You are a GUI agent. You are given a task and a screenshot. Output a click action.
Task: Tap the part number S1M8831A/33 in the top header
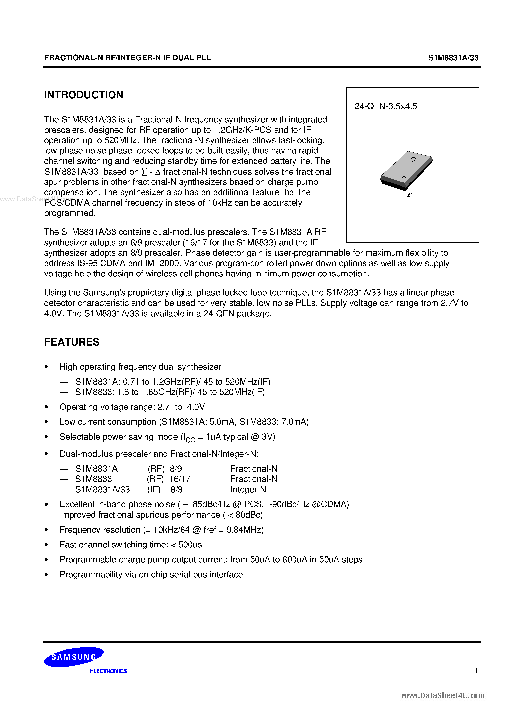coord(453,58)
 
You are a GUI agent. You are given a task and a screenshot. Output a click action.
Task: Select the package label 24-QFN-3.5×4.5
coord(386,106)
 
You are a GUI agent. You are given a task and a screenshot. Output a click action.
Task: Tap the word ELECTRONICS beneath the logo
coord(108,671)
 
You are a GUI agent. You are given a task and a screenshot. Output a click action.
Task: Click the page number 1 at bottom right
coord(476,670)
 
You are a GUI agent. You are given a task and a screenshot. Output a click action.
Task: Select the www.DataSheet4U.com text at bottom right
coord(442,696)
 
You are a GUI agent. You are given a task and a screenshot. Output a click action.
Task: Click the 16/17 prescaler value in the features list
coord(180,479)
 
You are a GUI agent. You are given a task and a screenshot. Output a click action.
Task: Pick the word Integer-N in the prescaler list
coord(248,490)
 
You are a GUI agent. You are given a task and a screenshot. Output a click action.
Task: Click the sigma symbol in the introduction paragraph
coord(144,172)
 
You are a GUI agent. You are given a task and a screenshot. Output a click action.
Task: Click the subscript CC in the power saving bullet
coord(190,440)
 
